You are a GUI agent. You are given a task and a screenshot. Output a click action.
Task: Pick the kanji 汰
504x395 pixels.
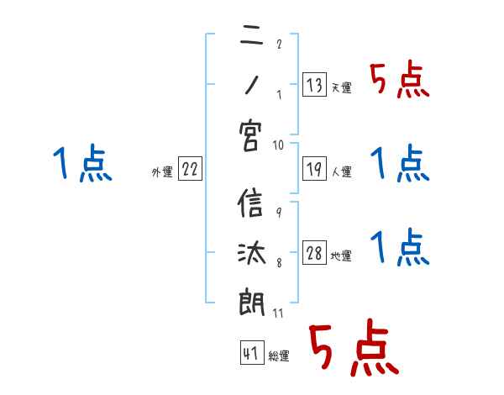tap(250, 253)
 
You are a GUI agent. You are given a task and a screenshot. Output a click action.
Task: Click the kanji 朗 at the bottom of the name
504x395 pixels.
tap(250, 301)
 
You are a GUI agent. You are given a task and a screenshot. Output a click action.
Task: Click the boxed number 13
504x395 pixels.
tap(313, 84)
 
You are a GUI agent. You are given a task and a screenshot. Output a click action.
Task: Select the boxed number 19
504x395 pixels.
tap(313, 169)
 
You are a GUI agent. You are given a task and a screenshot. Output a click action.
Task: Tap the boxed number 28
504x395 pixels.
tap(314, 253)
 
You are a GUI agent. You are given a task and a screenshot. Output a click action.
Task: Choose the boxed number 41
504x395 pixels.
tap(249, 354)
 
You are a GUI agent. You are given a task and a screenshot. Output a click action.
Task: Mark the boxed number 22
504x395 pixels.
tap(190, 169)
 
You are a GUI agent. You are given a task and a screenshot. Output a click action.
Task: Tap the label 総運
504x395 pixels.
tap(279, 357)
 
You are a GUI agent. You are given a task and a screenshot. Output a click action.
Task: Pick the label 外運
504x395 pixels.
tap(162, 172)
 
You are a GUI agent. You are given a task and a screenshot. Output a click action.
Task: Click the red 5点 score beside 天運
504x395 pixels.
tap(399, 81)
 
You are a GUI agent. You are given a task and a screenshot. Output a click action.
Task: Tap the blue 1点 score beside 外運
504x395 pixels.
tap(81, 164)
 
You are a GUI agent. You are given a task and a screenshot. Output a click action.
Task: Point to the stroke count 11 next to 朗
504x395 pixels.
tap(277, 313)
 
